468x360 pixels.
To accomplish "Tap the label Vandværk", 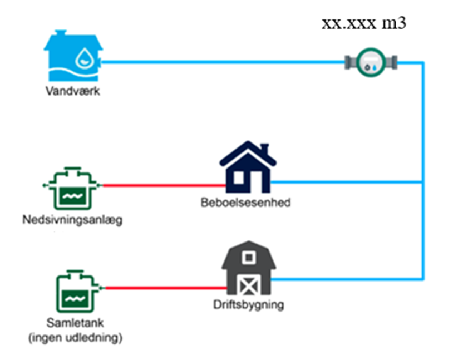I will pos(72,91).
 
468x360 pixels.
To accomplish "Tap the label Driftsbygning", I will pos(248,305).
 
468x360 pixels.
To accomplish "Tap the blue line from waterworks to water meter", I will pos(223,62).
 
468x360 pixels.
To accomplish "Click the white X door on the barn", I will pos(248,284).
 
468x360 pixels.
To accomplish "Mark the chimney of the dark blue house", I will pos(265,151).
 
